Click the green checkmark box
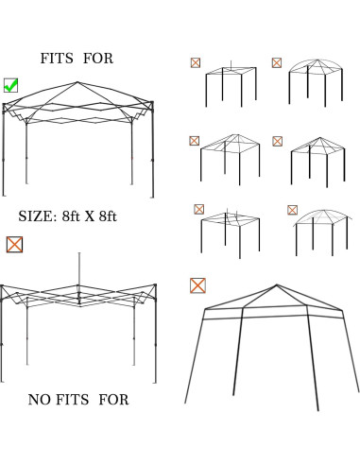tap(10, 85)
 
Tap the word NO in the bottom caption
tap(40, 401)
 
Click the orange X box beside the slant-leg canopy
tap(197, 284)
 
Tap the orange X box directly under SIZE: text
tap(15, 244)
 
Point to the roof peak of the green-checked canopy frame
tap(78, 83)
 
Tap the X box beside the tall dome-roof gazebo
tap(276, 62)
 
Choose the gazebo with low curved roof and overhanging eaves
tap(320, 231)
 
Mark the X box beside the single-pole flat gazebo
tap(195, 62)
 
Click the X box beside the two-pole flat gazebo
tap(198, 209)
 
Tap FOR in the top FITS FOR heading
tap(98, 59)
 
